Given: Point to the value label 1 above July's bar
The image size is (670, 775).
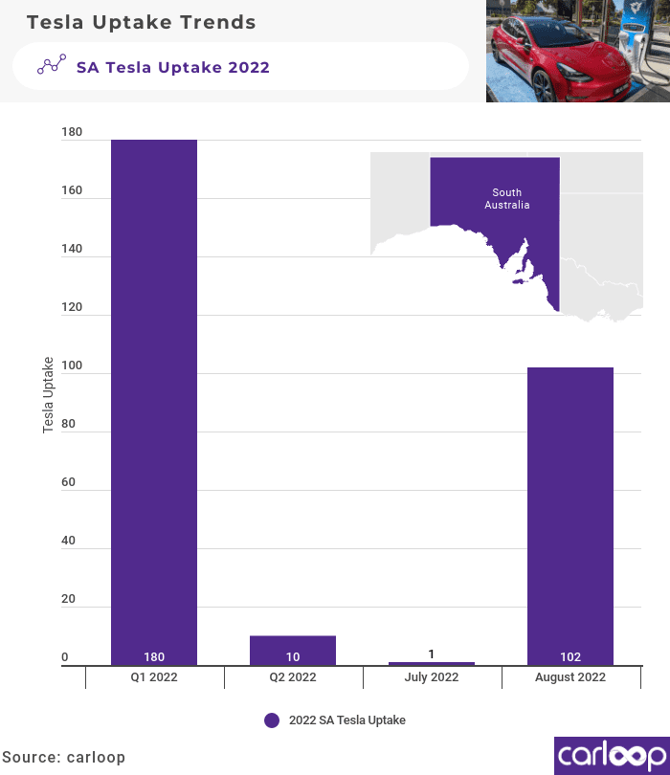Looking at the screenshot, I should point(432,654).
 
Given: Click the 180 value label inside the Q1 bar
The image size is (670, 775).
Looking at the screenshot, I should point(154,657).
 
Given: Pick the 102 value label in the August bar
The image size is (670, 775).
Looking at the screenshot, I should point(570,657).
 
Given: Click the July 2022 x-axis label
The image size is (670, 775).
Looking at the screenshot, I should point(432,677).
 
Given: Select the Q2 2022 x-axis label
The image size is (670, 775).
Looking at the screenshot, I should point(293,677).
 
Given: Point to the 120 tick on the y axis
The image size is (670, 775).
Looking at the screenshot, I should point(73,309).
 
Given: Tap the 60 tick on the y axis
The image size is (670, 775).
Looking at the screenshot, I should point(69,483).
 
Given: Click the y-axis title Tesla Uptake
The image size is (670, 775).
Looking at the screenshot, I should point(48,395).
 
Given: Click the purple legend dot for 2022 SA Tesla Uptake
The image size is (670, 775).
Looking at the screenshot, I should point(272,720).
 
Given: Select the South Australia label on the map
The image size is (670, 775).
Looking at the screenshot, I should point(507,199).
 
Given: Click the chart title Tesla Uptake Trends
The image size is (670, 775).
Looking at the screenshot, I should point(141,21).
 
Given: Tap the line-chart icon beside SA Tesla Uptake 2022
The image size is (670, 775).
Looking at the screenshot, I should point(52,66).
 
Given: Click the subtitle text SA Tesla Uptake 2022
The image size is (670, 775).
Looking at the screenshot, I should point(173,67).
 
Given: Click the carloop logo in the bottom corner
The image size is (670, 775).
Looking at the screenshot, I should point(611,754).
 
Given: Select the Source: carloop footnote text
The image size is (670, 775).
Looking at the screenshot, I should point(63,757).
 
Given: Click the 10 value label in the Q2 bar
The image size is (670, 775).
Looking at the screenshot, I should point(293,657).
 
